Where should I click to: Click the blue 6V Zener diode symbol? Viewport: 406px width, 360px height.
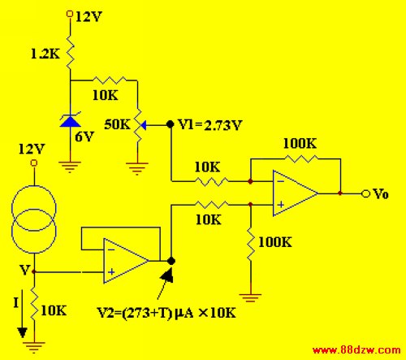click(70, 120)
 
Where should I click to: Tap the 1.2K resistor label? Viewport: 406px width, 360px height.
click(45, 54)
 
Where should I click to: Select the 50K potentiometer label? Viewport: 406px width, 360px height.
click(117, 124)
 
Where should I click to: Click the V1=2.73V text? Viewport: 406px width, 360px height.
click(209, 125)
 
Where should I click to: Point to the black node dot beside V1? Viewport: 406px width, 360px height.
click(170, 124)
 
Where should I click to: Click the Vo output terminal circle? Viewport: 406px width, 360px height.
click(365, 193)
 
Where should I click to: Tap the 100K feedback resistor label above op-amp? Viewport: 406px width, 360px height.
click(300, 143)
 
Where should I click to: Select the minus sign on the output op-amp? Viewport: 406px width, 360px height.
click(281, 181)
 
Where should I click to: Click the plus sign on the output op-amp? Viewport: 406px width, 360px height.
click(281, 204)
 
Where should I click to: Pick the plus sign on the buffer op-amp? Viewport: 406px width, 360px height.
click(111, 271)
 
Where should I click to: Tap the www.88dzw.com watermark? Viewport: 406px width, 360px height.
click(356, 350)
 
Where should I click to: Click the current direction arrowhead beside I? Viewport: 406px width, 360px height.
click(22, 332)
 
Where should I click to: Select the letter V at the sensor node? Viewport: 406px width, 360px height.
click(24, 270)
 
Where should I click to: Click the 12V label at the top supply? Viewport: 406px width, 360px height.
click(89, 17)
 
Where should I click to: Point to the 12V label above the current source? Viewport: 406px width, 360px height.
click(32, 149)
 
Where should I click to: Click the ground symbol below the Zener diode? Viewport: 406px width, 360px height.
click(70, 167)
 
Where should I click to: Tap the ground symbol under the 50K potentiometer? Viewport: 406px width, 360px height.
click(137, 168)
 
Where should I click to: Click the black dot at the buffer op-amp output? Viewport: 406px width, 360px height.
click(171, 261)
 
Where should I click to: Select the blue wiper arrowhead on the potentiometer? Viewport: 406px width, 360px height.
click(144, 125)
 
